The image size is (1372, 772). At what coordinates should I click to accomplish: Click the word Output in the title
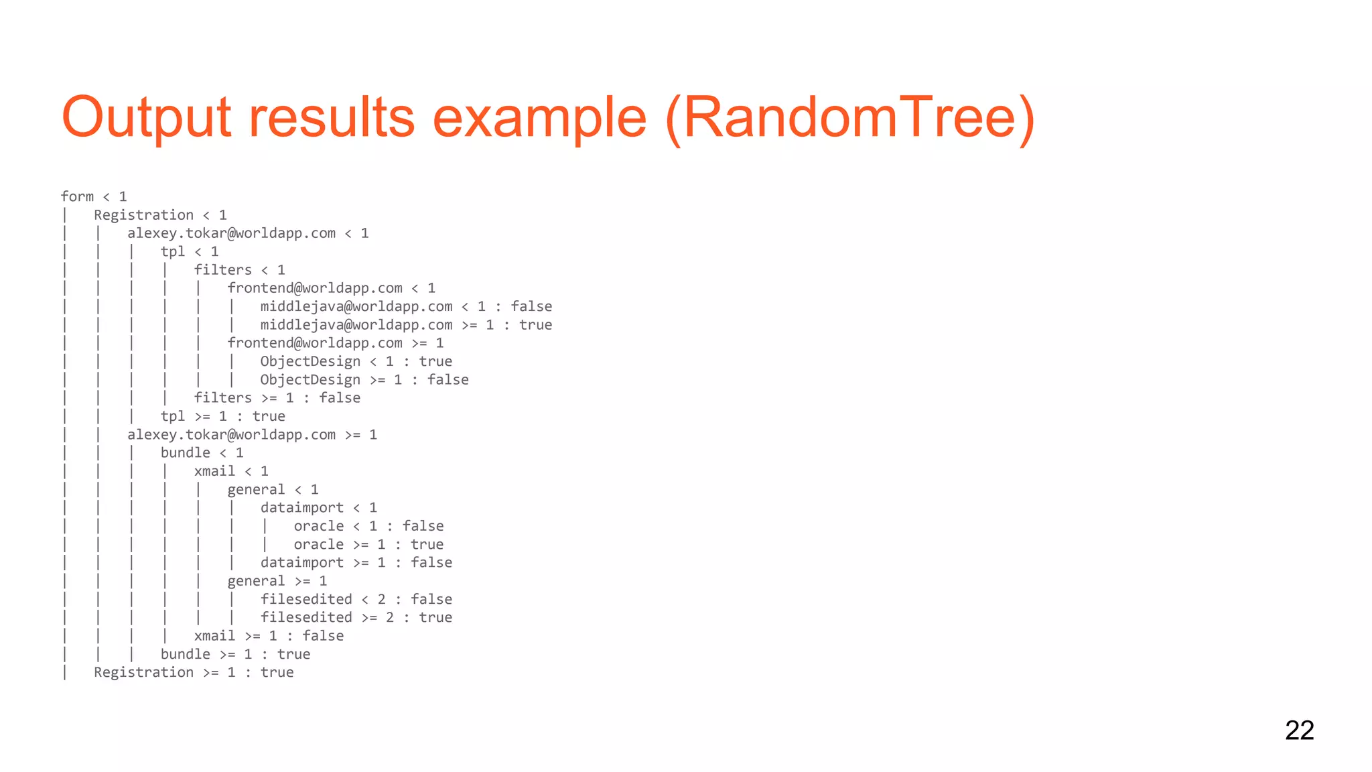146,118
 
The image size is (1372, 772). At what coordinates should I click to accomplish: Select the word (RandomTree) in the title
850,118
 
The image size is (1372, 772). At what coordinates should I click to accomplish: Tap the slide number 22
1299,730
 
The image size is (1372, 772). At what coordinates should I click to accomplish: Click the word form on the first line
77,196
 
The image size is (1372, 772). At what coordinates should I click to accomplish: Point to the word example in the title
540,118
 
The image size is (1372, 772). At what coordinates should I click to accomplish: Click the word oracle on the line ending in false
318,526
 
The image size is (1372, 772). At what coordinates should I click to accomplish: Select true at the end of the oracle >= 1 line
427,544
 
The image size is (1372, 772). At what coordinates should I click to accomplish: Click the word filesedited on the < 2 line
306,599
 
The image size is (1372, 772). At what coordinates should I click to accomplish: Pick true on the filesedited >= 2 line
435,617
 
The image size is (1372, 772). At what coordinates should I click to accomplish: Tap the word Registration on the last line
143,672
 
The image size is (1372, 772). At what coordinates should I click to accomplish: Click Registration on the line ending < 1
143,215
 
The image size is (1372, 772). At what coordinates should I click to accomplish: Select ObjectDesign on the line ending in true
310,361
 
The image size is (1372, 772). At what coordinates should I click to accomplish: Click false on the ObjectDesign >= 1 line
448,380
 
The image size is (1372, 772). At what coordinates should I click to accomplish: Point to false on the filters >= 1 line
340,398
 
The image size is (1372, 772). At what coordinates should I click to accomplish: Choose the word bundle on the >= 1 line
185,654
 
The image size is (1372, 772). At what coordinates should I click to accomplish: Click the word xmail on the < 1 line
214,471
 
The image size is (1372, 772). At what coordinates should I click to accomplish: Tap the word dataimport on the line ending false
301,563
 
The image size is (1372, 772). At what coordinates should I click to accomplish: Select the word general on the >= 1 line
256,581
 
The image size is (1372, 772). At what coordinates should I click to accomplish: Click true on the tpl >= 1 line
269,416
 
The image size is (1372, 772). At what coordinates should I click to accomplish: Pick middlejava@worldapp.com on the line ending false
356,306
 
